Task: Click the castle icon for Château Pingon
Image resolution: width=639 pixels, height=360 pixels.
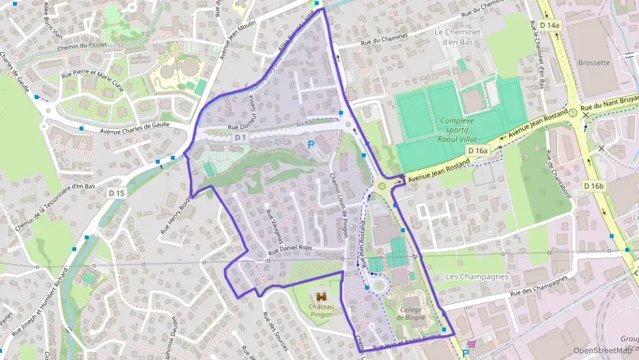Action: pyautogui.click(x=322, y=296)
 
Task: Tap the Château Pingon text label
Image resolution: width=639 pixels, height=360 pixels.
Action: pyautogui.click(x=322, y=311)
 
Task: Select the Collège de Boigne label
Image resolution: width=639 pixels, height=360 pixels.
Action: pyautogui.click(x=410, y=314)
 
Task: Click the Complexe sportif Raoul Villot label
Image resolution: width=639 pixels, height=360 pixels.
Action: pyautogui.click(x=461, y=127)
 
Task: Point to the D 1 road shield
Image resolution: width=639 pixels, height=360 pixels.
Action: pyautogui.click(x=240, y=137)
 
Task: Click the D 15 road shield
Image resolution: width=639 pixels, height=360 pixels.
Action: pyautogui.click(x=117, y=193)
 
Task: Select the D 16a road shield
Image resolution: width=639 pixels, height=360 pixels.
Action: pyautogui.click(x=479, y=150)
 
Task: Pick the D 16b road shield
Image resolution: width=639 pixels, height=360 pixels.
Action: pyautogui.click(x=594, y=185)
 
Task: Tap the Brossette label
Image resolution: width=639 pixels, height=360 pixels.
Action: pyautogui.click(x=593, y=62)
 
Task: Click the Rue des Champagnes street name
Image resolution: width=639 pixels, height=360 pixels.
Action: pyautogui.click(x=526, y=288)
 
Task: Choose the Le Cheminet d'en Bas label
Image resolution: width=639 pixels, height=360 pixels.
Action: pyautogui.click(x=458, y=37)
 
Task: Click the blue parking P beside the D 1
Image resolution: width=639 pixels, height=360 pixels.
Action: pyautogui.click(x=311, y=144)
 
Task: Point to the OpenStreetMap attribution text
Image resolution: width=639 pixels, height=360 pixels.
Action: pyautogui.click(x=602, y=350)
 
